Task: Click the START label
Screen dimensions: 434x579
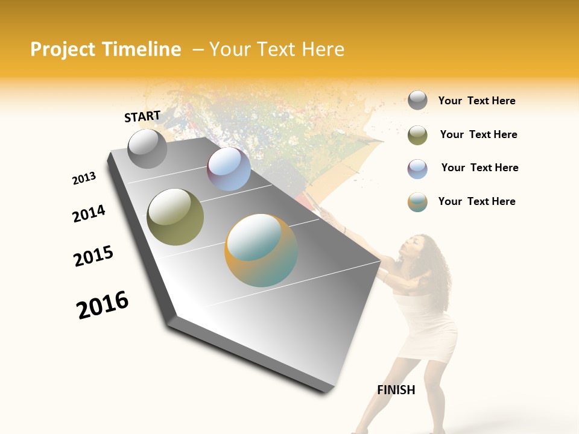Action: (142, 116)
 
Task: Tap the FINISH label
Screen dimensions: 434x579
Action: (396, 390)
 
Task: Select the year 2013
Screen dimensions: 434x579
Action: (84, 178)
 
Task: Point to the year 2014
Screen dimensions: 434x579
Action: (89, 213)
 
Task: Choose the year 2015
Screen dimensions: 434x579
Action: (93, 256)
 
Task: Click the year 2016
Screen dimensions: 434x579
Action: (103, 305)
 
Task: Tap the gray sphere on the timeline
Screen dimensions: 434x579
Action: (147, 149)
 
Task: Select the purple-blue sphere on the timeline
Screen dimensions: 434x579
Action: (229, 169)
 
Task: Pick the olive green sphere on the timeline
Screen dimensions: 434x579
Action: (175, 217)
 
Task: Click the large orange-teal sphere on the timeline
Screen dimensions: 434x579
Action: (261, 250)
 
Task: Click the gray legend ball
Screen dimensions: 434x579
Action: (417, 100)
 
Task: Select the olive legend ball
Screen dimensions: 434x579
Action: (417, 135)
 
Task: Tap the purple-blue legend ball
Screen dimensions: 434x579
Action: (417, 169)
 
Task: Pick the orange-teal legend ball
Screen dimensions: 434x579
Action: (417, 202)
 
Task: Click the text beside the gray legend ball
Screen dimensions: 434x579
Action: (477, 101)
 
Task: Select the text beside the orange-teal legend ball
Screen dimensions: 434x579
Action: (477, 201)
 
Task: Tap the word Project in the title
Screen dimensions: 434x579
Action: (63, 49)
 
